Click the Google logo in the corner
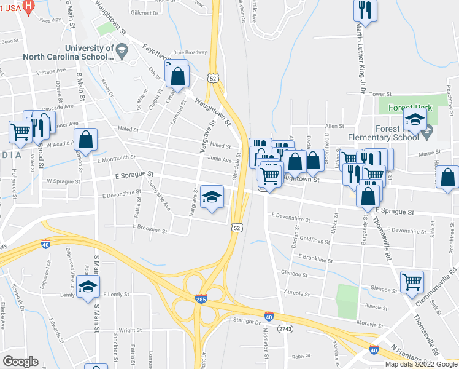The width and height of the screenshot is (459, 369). click(20, 361)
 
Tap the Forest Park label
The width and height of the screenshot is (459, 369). click(410, 108)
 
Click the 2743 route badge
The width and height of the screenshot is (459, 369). click(285, 329)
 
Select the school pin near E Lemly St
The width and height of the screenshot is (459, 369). click(88, 287)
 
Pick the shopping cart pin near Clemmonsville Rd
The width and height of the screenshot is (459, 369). click(412, 282)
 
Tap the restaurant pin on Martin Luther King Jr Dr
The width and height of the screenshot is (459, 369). click(365, 10)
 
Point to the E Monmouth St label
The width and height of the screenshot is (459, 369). click(116, 159)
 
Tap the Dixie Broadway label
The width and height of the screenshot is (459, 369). click(190, 53)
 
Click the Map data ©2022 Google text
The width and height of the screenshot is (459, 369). click(421, 364)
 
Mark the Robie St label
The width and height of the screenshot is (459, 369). click(301, 356)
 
